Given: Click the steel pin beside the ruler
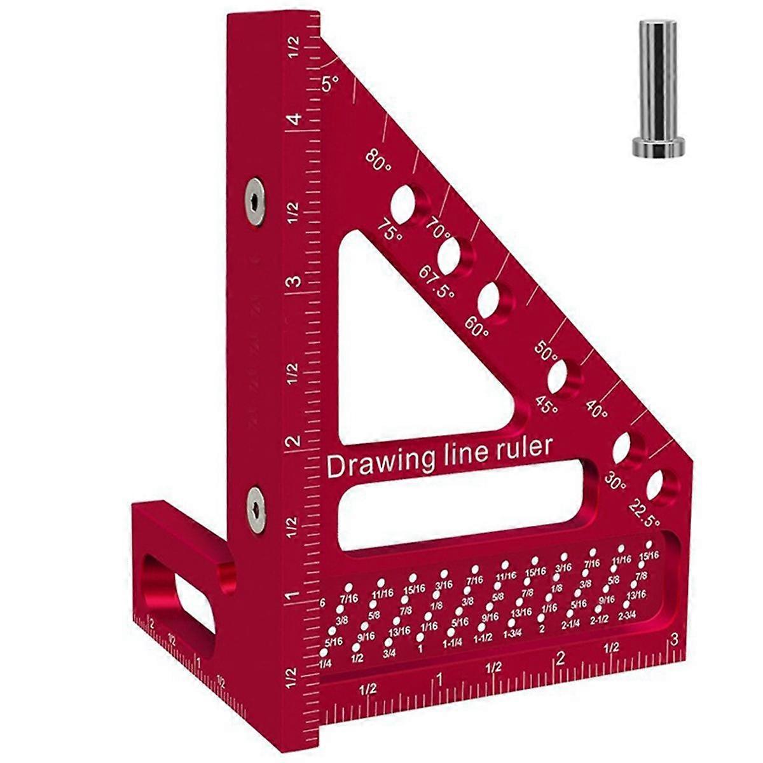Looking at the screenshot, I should click(657, 83).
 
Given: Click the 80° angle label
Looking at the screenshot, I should click(380, 160).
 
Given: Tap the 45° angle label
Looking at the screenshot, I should click(547, 405).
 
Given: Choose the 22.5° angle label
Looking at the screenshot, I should click(644, 514).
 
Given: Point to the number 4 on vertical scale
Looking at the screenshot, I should click(293, 120).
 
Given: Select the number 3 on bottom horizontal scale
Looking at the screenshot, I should click(674, 640).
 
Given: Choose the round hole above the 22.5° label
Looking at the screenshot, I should click(659, 485).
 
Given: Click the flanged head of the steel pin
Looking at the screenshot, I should click(658, 146).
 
